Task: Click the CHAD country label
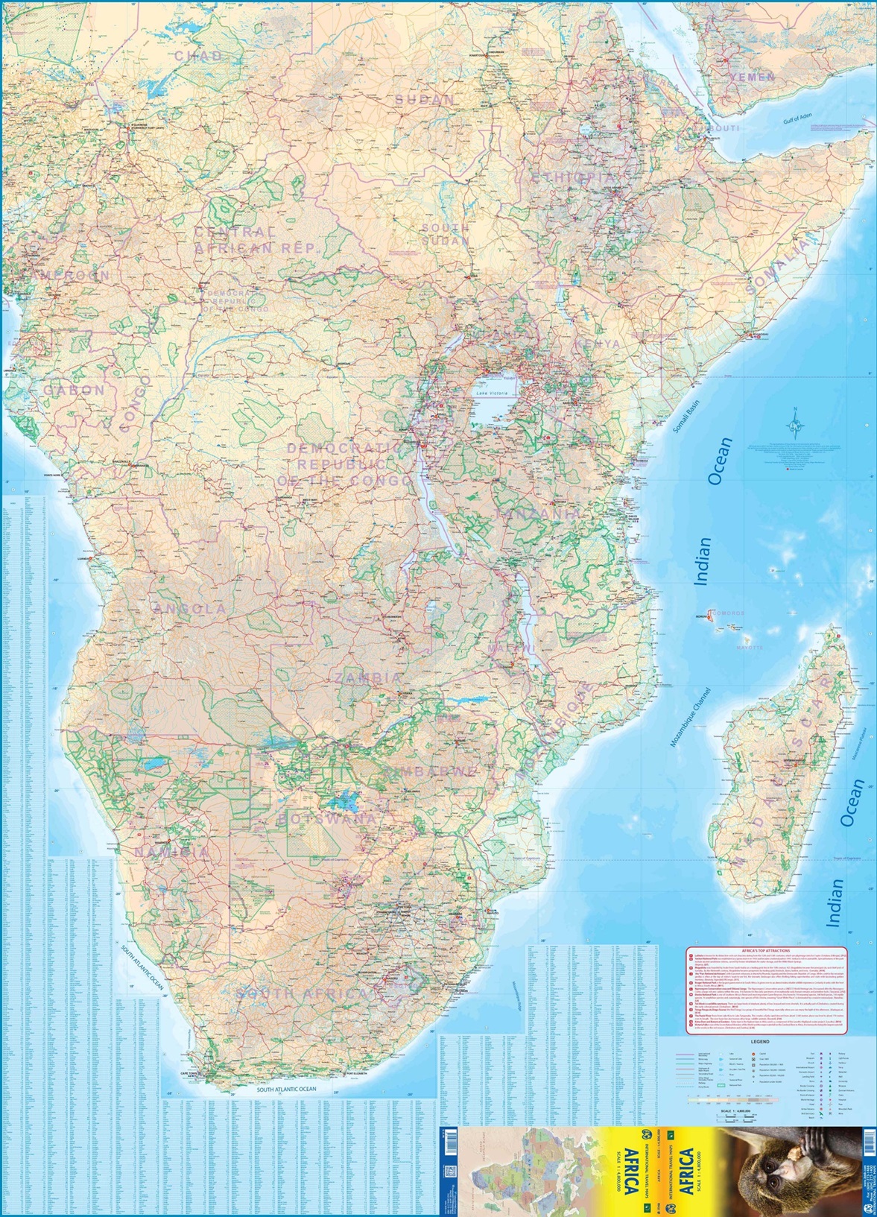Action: (x=199, y=56)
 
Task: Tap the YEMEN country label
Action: (x=753, y=77)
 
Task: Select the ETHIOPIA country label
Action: (x=574, y=177)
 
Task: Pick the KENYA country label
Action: (x=597, y=344)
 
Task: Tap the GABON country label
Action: (x=74, y=390)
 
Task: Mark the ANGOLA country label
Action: (x=189, y=609)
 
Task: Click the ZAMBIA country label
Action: (x=368, y=678)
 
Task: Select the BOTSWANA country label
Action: (x=328, y=818)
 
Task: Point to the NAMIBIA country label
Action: (x=172, y=851)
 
